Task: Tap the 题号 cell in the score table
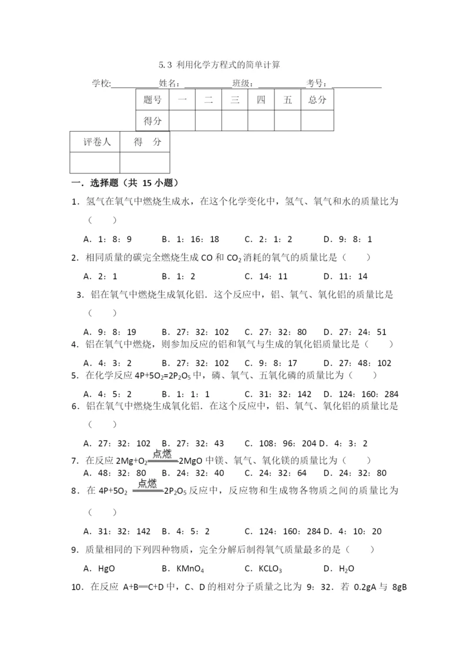click(152, 100)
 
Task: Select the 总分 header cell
click(317, 100)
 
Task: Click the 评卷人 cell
click(95, 142)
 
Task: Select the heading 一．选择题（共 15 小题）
click(125, 183)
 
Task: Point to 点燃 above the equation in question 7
click(162, 453)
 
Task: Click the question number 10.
click(76, 586)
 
